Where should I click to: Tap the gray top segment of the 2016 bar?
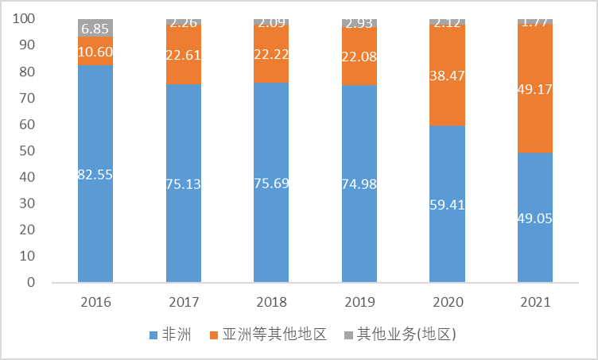tap(95, 28)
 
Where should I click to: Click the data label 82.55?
tap(95, 175)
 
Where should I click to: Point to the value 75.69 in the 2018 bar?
tap(271, 184)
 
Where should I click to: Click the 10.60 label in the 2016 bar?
tap(95, 52)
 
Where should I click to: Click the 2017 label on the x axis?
tap(183, 303)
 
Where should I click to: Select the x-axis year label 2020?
tap(447, 303)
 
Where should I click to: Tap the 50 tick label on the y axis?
tap(28, 151)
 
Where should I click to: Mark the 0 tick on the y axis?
tap(32, 282)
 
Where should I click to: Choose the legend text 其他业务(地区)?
tap(406, 335)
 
